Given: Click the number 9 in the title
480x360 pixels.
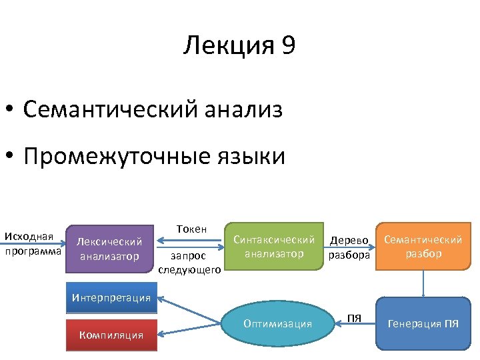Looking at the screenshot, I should pos(289,46).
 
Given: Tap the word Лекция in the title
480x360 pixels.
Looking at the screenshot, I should pos(229,46).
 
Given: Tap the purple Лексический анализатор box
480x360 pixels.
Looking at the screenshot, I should pos(110,248).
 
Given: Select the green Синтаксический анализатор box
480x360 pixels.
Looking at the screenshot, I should pos(273,246).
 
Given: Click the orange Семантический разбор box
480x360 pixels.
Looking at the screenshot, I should pos(422,246).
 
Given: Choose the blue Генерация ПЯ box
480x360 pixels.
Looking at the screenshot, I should pos(423,325).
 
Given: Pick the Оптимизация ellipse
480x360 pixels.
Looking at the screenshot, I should pos(277,324).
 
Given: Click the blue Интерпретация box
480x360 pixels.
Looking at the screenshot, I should pos(111,298).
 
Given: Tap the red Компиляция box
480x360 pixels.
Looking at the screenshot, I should pos(111,335).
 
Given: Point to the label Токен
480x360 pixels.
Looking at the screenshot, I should pos(191,229).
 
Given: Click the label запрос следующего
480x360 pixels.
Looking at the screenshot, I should pos(190,261).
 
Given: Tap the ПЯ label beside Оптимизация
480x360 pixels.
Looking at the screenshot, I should pos(355,317).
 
